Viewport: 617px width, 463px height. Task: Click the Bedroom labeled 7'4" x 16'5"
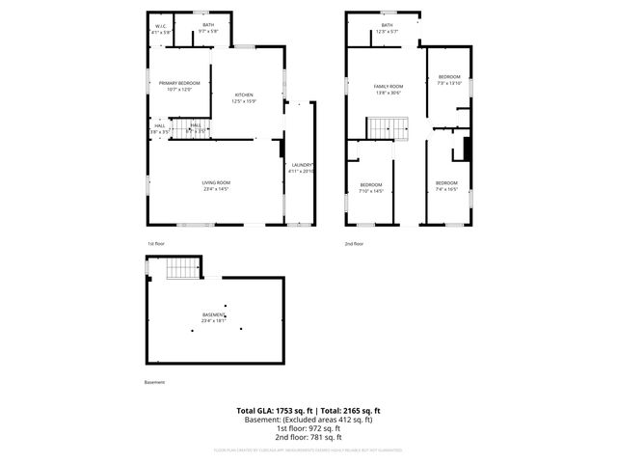(x=445, y=186)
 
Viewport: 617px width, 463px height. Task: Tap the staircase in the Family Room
(x=389, y=127)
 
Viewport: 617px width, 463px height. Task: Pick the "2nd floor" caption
(x=356, y=244)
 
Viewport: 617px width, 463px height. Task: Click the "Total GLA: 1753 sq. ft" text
(x=271, y=411)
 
